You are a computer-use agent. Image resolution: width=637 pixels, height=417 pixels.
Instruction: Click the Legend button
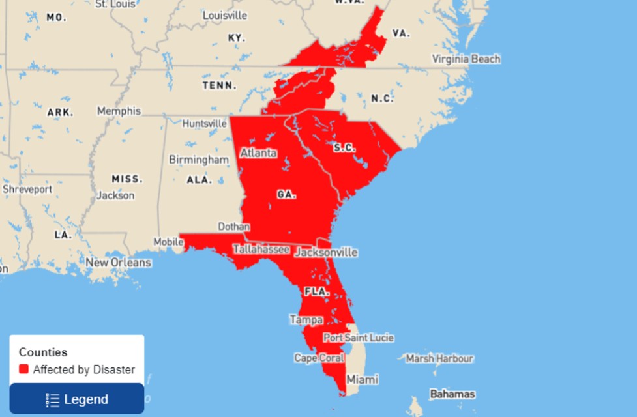77,399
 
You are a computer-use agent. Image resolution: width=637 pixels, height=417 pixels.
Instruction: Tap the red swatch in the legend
24,369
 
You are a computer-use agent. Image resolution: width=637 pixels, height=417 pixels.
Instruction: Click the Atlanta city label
258,153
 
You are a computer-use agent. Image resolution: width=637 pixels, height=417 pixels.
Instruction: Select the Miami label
363,379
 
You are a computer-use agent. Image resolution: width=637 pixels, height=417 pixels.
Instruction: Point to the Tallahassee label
261,250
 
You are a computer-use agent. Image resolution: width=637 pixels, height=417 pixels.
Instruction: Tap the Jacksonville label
326,252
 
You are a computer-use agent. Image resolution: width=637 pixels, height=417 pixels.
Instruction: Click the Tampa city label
306,320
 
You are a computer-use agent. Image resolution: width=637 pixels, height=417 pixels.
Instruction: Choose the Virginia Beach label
466,59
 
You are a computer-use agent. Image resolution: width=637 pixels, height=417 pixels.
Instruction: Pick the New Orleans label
118,263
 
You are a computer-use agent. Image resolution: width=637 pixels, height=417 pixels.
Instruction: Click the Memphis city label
119,111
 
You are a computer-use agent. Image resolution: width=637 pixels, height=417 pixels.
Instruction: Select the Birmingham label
199,160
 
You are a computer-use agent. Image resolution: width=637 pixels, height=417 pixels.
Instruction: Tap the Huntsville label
205,123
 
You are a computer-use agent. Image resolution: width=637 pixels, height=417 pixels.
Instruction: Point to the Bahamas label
452,394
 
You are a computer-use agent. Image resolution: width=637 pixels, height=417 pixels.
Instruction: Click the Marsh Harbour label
439,358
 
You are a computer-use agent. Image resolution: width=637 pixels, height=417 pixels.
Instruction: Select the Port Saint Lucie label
359,338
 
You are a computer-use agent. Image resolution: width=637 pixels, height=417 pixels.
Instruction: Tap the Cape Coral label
319,358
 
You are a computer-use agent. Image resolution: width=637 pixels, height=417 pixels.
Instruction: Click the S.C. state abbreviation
344,148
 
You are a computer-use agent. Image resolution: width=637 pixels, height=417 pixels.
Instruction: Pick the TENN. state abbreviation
219,85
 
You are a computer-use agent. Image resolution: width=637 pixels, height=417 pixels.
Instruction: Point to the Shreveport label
27,189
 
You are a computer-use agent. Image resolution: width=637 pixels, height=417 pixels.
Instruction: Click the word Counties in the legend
43,352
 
